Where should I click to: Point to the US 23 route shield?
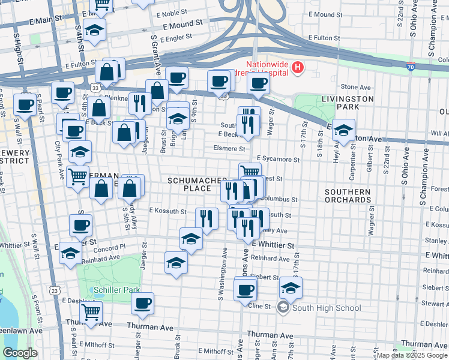coord(55,290)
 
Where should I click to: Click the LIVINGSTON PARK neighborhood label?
coord(347,103)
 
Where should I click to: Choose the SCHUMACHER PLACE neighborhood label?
coord(197,184)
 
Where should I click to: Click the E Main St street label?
coord(45,20)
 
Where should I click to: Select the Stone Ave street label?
coord(356,87)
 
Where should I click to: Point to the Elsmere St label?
coord(229,148)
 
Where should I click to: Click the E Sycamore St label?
coord(277,160)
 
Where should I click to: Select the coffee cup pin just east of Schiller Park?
coord(142,304)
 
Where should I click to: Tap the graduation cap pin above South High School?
coord(291,288)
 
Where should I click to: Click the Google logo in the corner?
coord(20,353)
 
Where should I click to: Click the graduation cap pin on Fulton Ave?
coord(343,130)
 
